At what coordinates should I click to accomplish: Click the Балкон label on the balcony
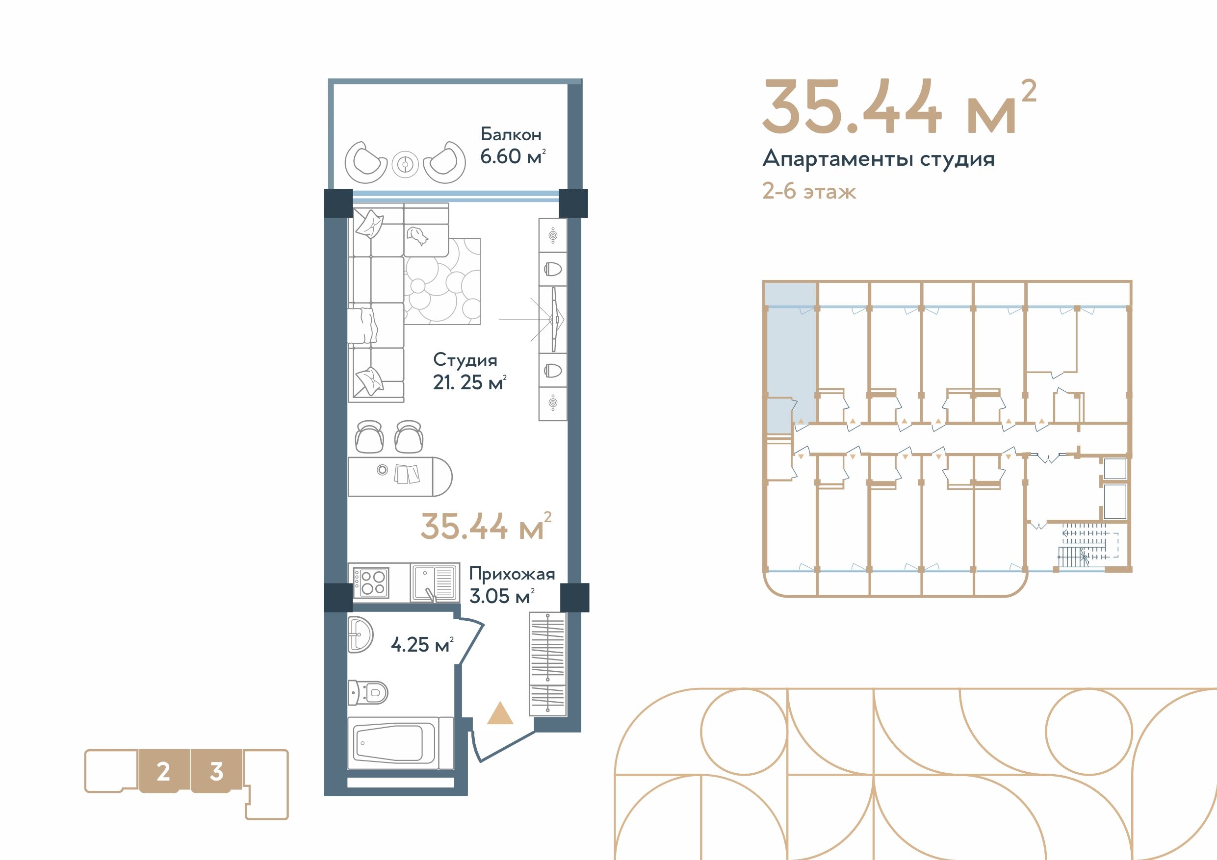coord(511,135)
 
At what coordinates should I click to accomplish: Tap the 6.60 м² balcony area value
coord(513,157)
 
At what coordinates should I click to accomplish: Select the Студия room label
coord(466,360)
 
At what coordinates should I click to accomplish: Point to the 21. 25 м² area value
coord(469,382)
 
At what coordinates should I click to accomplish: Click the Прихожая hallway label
coord(512,574)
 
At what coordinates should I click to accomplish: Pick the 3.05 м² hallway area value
coord(501,596)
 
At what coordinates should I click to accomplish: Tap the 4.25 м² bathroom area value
coord(422,645)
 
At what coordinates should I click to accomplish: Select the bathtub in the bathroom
coord(401,743)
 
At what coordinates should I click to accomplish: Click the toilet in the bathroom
coord(368,692)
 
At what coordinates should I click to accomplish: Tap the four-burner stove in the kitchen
coord(371,583)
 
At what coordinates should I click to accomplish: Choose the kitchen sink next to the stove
coord(434,583)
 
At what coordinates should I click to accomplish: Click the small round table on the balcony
coord(406,165)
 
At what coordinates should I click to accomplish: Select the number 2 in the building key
coord(163,772)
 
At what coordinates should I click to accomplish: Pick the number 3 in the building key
coord(216,772)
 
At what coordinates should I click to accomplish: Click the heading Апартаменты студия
coord(879,159)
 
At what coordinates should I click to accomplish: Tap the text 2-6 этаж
coord(809,191)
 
